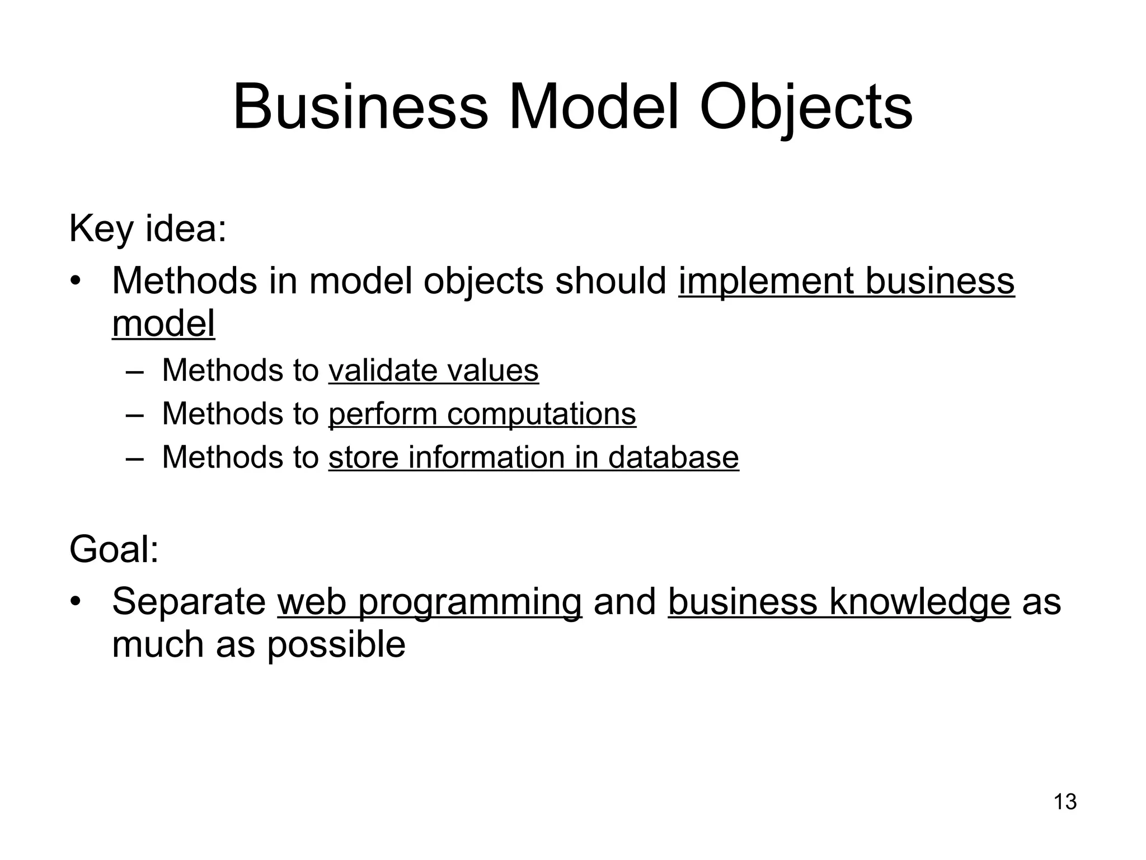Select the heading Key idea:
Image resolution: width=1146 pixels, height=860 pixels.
point(148,229)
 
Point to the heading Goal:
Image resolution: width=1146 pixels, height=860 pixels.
point(114,549)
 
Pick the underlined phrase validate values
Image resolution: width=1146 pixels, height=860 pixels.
point(433,370)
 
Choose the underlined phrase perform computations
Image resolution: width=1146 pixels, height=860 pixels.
point(482,414)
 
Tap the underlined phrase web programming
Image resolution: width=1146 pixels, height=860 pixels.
point(429,602)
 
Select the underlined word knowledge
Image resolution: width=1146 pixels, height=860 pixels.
point(920,602)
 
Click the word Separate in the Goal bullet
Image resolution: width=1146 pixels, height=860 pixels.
point(189,602)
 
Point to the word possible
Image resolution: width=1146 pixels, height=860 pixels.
point(336,644)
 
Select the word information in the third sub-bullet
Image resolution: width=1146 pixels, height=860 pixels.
point(486,457)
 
